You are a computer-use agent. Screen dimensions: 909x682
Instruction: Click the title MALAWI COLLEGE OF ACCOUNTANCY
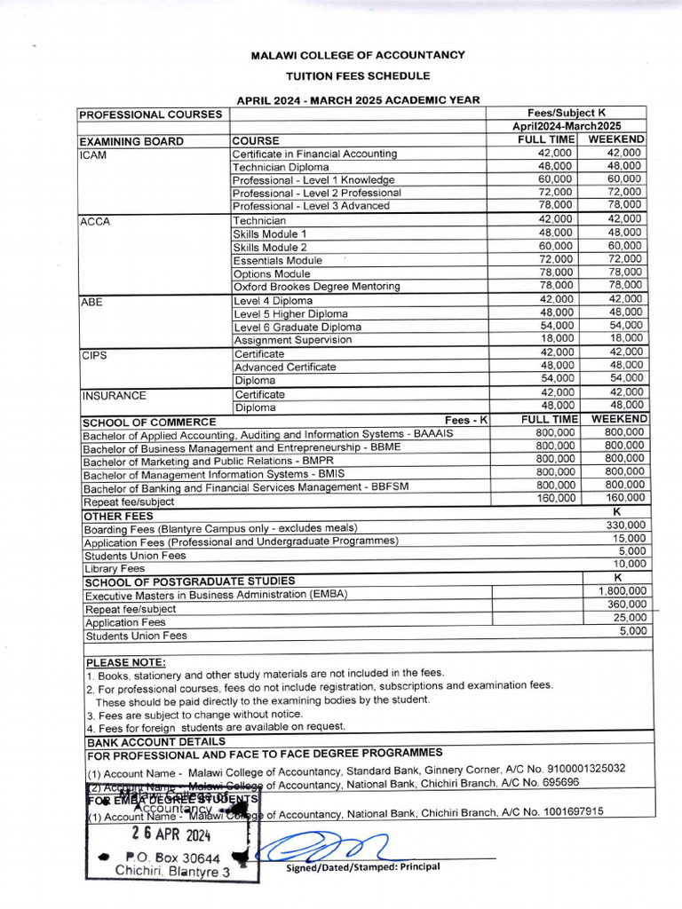[358, 55]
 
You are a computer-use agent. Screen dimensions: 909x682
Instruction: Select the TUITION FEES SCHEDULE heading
[358, 76]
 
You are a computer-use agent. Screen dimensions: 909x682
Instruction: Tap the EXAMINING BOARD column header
[131, 141]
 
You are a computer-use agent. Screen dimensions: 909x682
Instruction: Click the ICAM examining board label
[93, 154]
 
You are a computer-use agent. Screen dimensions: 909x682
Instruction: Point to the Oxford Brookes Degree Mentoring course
[316, 287]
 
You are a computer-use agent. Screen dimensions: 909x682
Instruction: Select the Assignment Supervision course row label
[293, 340]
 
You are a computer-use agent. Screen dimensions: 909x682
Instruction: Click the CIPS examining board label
[95, 354]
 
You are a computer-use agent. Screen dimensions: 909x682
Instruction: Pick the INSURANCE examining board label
[115, 396]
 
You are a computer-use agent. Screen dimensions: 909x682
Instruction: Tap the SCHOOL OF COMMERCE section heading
[149, 422]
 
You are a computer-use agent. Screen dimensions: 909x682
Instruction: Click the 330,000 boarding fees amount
[625, 525]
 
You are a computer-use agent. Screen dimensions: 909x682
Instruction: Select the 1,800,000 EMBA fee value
[623, 590]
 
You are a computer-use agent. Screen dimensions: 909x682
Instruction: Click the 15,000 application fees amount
[629, 538]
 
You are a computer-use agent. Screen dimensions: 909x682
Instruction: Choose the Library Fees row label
[115, 568]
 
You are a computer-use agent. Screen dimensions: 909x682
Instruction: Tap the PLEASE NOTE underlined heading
[125, 662]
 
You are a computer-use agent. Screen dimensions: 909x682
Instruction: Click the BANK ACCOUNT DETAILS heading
[155, 741]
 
